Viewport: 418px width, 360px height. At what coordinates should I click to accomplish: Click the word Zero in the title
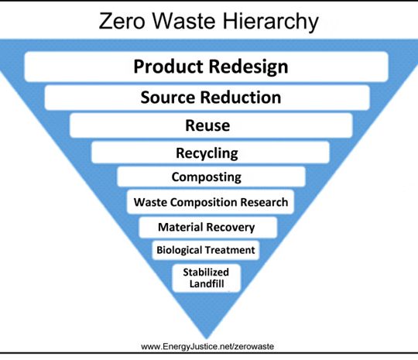click(x=122, y=21)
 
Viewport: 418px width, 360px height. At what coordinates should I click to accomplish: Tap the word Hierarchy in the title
click(x=270, y=22)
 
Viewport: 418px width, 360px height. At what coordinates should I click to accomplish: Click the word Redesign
click(x=248, y=67)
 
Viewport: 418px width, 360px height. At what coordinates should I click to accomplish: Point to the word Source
click(x=167, y=97)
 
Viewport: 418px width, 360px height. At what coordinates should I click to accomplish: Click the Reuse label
click(x=207, y=125)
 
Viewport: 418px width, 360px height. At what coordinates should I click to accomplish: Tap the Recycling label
click(x=207, y=154)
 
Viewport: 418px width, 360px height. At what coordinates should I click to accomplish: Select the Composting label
click(x=207, y=177)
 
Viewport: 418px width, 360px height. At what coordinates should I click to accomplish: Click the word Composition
click(x=204, y=202)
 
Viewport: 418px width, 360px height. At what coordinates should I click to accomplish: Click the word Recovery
click(x=231, y=228)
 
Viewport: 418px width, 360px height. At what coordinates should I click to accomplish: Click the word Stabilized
click(x=206, y=272)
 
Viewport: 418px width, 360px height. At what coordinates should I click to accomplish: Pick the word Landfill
click(x=207, y=283)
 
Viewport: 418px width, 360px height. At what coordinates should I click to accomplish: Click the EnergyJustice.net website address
click(x=207, y=347)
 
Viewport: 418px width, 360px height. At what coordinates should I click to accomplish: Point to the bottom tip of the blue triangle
click(x=207, y=338)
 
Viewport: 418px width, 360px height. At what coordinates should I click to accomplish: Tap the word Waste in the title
click(x=184, y=21)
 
